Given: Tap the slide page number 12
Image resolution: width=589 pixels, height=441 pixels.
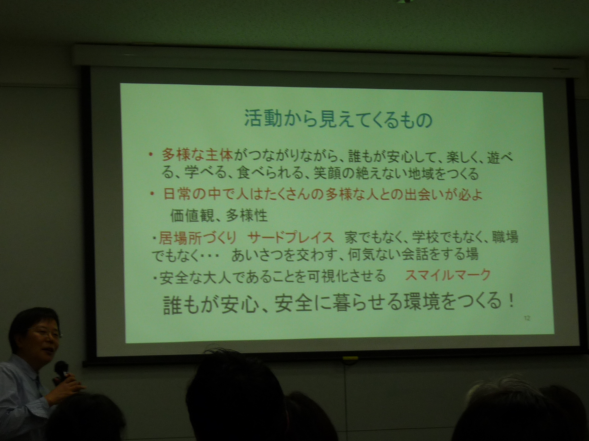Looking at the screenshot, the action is click(x=527, y=318).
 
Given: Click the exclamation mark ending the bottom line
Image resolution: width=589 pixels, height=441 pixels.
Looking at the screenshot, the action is click(x=511, y=303).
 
